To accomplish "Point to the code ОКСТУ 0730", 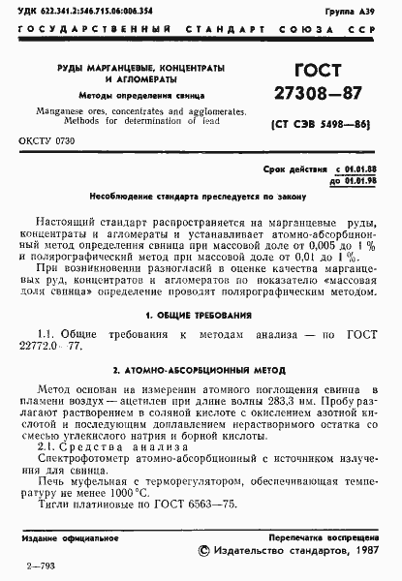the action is (x=46, y=141).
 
